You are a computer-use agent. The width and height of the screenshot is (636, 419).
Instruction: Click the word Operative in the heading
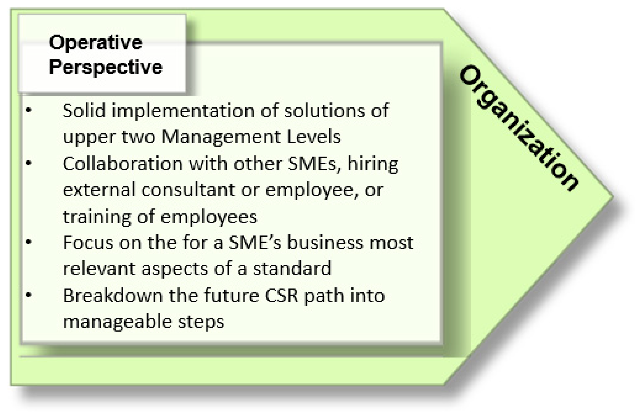[96, 43]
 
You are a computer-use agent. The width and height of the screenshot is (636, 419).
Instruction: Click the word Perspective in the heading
[106, 67]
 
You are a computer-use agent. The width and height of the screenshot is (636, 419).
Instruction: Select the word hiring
[372, 164]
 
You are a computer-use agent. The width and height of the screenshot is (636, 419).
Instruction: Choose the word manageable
[117, 322]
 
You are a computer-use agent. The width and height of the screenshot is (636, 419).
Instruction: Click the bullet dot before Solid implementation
[29, 110]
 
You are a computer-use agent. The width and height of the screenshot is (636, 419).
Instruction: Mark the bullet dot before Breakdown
[29, 295]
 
